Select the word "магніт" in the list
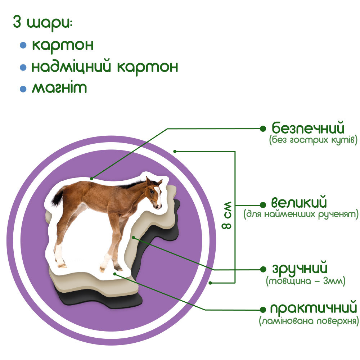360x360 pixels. click(59, 88)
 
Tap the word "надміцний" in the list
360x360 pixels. click(72, 67)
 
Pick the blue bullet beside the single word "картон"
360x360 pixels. click(23, 46)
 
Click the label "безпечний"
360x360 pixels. click(308, 128)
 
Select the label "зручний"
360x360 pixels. click(300, 269)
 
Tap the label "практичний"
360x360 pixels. click(313, 309)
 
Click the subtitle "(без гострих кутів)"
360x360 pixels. click(313, 140)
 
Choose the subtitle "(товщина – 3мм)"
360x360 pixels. click(306, 281)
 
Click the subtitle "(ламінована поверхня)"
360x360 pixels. click(309, 321)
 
